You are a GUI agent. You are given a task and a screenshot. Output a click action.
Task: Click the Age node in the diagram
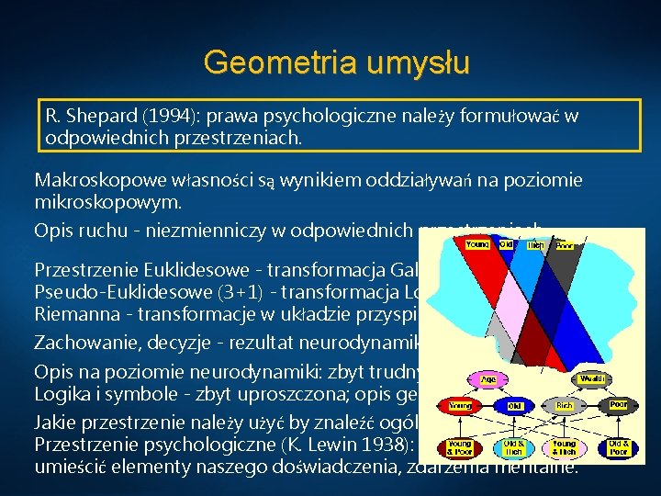click(x=489, y=378)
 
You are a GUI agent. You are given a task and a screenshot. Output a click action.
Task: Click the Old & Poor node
click(x=619, y=447)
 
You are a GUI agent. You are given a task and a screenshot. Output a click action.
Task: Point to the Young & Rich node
click(x=564, y=447)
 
